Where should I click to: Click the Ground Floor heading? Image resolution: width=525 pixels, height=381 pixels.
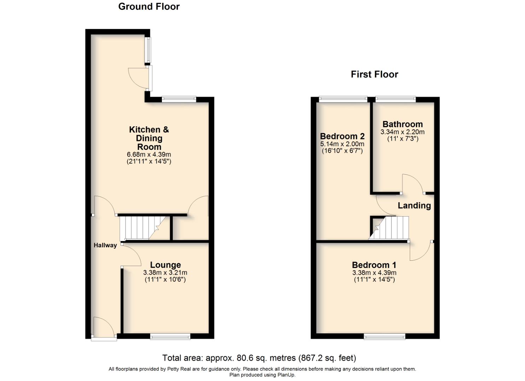149,7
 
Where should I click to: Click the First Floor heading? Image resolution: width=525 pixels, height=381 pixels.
374,74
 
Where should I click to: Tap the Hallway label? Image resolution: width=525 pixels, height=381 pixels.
105,245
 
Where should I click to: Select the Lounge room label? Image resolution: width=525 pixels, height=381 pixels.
165,265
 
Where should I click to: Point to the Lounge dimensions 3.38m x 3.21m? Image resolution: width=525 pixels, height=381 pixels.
165,273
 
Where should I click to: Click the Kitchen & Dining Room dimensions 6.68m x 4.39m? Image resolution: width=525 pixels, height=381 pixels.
149,155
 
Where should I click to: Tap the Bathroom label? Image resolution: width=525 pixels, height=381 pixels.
402,124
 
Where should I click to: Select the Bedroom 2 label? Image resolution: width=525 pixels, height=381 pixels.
342,136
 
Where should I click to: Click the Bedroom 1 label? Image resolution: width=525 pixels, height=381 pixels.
374,265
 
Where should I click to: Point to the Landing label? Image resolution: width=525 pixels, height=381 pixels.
414,206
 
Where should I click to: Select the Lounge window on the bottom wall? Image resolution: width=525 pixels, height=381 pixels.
170,337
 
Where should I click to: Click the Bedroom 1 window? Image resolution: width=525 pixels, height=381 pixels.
385,337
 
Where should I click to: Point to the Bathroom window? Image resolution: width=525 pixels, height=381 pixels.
396,99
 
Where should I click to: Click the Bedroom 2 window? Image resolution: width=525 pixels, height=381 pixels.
343,99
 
